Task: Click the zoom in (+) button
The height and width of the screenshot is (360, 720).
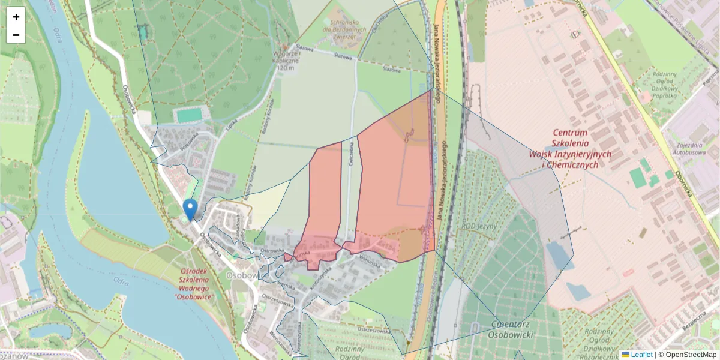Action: (x=16, y=17)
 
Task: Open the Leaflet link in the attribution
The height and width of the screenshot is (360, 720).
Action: (x=641, y=355)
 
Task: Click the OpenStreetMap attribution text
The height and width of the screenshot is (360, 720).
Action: (x=691, y=355)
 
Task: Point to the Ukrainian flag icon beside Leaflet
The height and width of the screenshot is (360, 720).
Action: (x=625, y=355)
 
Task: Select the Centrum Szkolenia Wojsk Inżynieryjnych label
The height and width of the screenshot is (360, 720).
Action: (x=570, y=148)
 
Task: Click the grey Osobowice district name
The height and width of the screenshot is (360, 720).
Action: (x=247, y=274)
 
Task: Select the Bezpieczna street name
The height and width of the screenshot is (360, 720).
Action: (x=694, y=323)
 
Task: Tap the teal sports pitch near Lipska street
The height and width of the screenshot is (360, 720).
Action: (x=190, y=115)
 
